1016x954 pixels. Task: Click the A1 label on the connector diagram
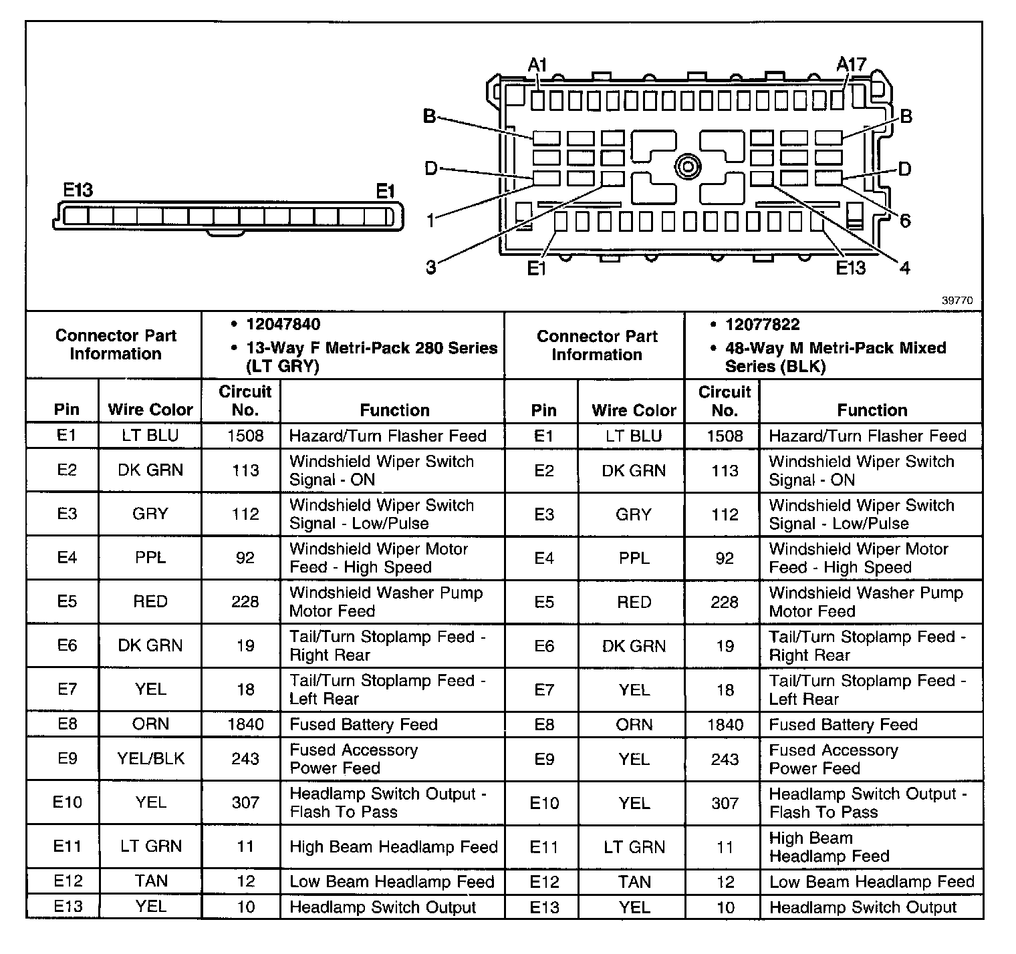point(537,65)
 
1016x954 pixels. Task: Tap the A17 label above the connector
point(851,65)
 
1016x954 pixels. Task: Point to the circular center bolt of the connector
point(687,166)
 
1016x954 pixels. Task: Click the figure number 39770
point(957,301)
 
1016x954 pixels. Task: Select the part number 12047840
point(283,325)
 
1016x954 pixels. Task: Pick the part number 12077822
point(762,325)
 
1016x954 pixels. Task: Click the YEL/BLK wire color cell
point(150,758)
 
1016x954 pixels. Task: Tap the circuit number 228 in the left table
point(245,602)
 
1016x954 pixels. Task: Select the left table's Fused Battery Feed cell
point(363,724)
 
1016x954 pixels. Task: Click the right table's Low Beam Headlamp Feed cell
point(872,882)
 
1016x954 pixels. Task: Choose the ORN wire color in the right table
point(634,724)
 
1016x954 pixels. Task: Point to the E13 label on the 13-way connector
point(78,190)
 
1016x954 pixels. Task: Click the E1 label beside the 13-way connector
point(385,192)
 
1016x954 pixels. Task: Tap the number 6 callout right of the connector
point(905,220)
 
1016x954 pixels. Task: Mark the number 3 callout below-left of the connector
point(431,268)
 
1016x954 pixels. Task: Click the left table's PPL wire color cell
point(150,558)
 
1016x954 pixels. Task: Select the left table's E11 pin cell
point(67,846)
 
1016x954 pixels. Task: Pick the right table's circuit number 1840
point(725,724)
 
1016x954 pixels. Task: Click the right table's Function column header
point(872,410)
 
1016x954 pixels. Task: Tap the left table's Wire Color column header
point(150,410)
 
